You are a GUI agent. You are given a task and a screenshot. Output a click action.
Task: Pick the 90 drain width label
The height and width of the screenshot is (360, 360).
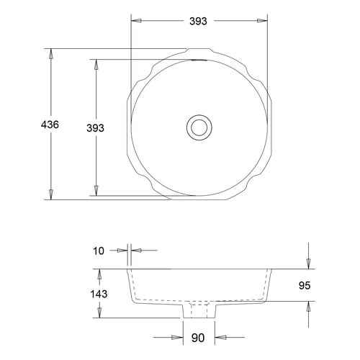pos(198,336)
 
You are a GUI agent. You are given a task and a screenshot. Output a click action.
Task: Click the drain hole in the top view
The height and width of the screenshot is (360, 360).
pos(198,127)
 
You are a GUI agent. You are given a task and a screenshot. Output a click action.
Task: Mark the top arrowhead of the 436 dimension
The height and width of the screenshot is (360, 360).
pos(51,54)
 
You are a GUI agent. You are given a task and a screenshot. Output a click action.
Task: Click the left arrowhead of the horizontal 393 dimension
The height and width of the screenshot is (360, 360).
pos(136,22)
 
